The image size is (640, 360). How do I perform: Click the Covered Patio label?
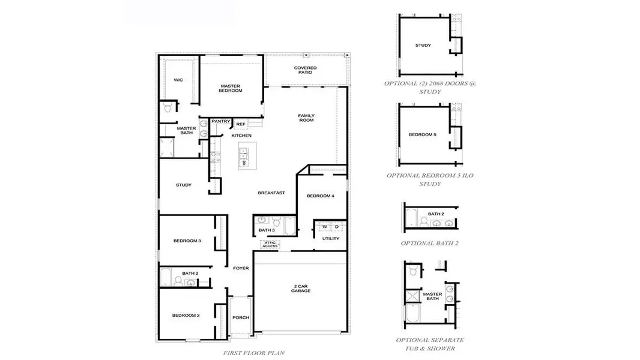click(x=305, y=70)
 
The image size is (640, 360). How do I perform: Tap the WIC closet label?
click(x=178, y=80)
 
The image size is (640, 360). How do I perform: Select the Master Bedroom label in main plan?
click(x=230, y=88)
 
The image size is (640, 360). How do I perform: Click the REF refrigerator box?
click(x=240, y=124)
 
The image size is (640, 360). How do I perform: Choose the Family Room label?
click(x=306, y=118)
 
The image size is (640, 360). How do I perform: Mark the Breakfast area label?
click(x=271, y=193)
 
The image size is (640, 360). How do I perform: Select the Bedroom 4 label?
click(x=320, y=196)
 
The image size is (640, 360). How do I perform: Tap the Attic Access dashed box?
click(x=269, y=244)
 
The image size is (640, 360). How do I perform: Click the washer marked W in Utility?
click(x=325, y=227)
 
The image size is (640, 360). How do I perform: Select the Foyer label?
click(x=241, y=268)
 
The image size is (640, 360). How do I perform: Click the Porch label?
click(x=241, y=317)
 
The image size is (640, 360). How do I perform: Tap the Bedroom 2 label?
click(x=186, y=315)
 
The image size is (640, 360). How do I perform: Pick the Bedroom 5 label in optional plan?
click(x=423, y=134)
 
